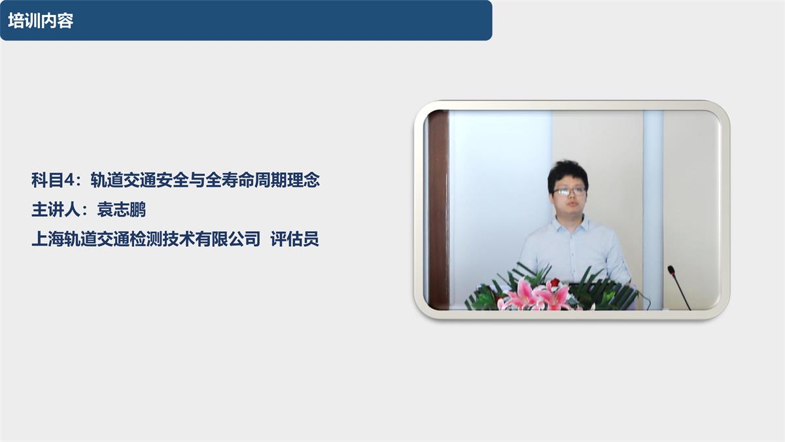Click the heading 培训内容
[x=41, y=20]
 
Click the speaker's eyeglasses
[x=569, y=191]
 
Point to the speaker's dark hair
[x=567, y=172]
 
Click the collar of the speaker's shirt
[x=570, y=225]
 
